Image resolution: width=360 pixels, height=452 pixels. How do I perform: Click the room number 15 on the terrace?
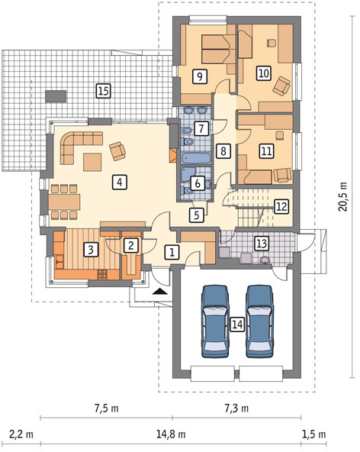(104, 91)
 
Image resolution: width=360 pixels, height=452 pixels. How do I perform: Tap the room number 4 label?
(120, 182)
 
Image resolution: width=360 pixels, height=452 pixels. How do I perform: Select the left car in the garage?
(215, 321)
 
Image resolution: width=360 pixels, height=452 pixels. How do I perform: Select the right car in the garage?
(259, 321)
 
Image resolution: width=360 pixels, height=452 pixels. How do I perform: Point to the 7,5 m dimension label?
(106, 408)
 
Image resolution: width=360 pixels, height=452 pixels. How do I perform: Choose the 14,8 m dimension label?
(171, 434)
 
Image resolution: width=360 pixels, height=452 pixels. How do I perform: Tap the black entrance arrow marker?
(160, 291)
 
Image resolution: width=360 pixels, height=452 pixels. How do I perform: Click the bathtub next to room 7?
(196, 158)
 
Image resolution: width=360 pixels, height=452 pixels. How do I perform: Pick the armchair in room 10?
(281, 86)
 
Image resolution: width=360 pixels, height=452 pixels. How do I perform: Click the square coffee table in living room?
(92, 162)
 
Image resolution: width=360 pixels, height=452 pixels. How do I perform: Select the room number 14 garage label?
(237, 324)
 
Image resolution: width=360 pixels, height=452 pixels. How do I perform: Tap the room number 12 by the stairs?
(281, 206)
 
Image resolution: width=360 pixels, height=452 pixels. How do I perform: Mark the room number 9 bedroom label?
(200, 76)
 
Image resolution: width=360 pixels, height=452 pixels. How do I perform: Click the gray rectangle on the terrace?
(56, 96)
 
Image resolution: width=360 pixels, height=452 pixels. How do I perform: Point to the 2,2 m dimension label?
(21, 434)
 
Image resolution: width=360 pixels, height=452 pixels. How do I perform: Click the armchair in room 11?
(282, 176)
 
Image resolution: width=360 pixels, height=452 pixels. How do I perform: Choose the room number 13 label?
(262, 243)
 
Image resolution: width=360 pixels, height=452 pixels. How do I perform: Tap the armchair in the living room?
(117, 150)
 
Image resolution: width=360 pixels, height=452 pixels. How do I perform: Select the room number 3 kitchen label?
(91, 250)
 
